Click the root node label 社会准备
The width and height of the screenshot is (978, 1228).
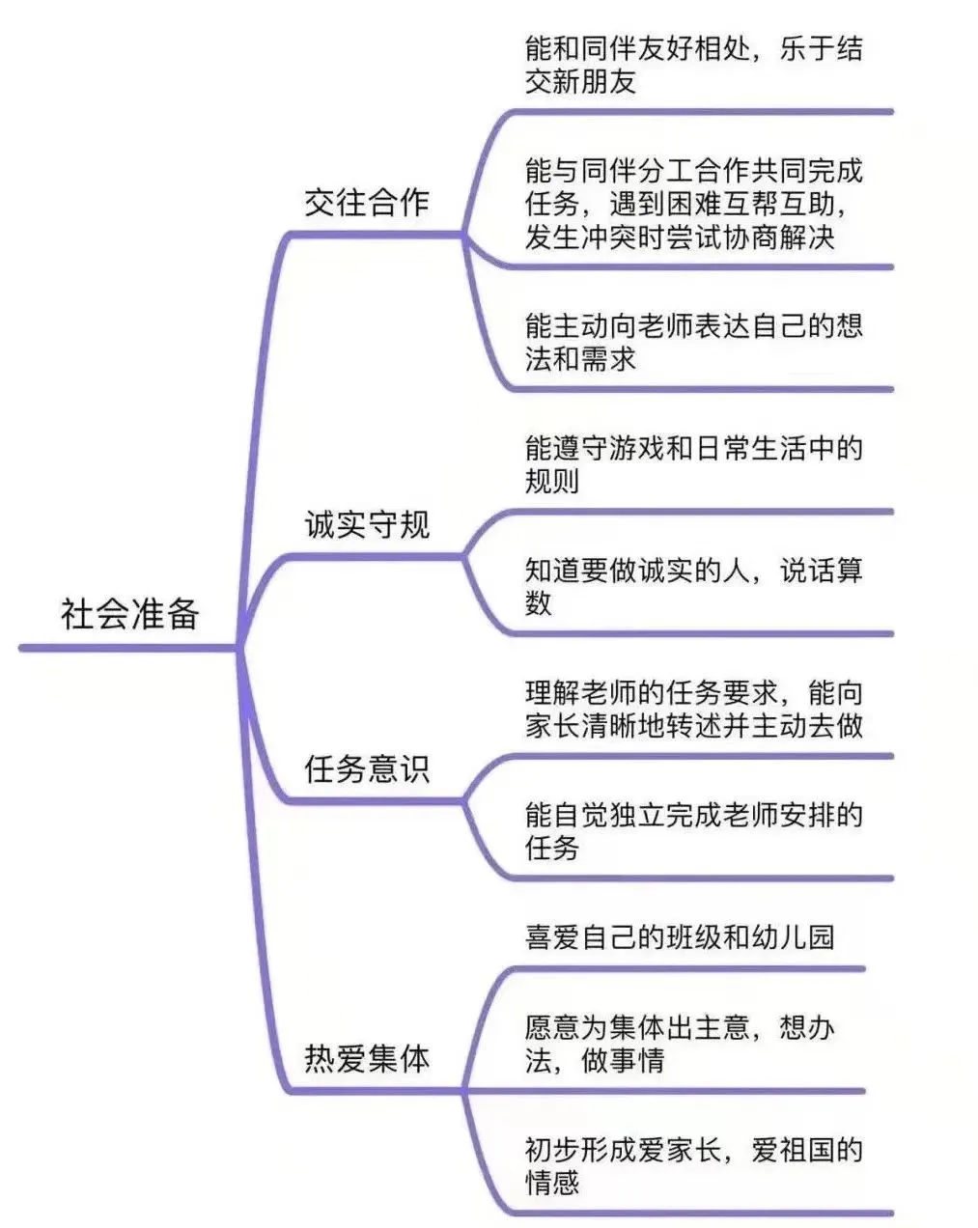click(x=130, y=614)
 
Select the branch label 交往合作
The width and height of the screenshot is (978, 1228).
click(x=367, y=202)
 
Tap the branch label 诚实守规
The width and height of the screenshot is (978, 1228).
click(x=367, y=524)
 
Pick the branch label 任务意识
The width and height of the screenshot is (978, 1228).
click(x=367, y=768)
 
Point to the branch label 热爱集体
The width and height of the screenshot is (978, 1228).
click(x=367, y=1058)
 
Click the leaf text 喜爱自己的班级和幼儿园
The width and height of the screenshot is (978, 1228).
click(x=680, y=937)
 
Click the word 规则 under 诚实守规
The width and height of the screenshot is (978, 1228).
click(x=552, y=481)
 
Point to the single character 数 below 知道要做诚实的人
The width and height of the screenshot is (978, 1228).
click(x=539, y=602)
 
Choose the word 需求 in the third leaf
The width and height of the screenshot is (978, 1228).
click(x=608, y=358)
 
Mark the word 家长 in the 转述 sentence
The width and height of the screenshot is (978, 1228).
click(x=552, y=725)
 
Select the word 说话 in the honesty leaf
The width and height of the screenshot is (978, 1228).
click(x=807, y=570)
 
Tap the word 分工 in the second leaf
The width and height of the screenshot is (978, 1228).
click(x=664, y=170)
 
